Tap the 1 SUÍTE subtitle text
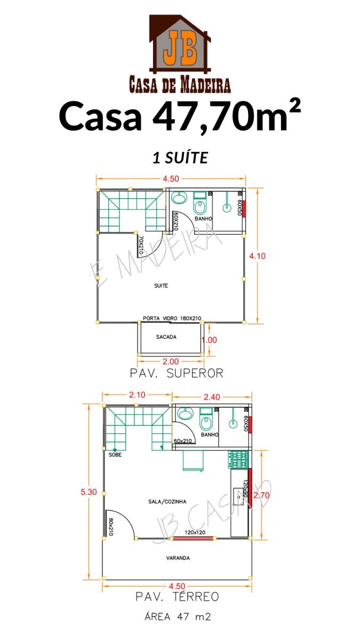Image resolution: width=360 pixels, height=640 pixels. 180,158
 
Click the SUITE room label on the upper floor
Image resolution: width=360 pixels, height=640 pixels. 161,285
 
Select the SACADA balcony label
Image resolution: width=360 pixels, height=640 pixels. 166,337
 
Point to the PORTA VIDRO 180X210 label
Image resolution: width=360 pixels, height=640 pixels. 172,318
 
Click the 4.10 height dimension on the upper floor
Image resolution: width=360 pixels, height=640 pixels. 257,256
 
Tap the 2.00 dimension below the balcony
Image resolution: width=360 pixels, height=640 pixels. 171,362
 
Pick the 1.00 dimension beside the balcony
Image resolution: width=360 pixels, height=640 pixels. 209,340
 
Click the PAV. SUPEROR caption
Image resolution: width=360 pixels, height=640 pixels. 177,373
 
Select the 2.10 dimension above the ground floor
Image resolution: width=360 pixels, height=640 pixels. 137,395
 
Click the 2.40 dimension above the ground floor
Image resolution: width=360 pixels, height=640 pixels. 212,397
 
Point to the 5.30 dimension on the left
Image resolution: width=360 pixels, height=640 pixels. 89,492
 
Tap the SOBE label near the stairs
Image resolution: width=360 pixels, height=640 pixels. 115,454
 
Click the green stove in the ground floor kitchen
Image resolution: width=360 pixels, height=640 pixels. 238,459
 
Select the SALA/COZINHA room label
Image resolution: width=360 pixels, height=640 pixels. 167,501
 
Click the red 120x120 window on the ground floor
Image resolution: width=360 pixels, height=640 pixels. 193,538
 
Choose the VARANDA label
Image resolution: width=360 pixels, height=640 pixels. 178,558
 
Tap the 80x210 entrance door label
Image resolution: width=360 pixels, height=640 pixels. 111,527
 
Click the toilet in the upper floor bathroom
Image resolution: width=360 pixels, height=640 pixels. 200,206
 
